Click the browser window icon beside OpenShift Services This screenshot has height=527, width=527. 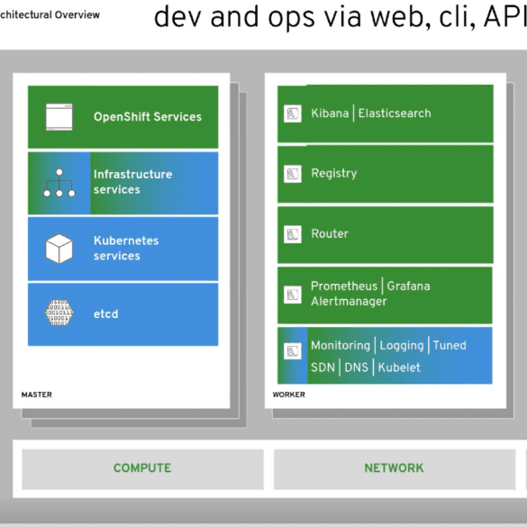[59, 117]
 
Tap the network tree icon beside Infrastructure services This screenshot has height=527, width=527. [59, 183]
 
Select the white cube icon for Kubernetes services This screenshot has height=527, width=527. [59, 249]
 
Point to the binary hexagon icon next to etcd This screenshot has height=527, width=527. [59, 313]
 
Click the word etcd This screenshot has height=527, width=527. [106, 313]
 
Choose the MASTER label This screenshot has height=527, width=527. [37, 395]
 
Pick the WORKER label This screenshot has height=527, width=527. [288, 395]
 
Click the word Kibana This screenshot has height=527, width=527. [330, 114]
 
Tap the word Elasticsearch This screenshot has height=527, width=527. [395, 114]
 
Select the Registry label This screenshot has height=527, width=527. [334, 174]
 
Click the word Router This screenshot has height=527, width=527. [330, 233]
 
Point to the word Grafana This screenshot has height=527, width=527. [408, 286]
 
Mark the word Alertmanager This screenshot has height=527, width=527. [349, 301]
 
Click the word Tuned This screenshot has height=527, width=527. [450, 345]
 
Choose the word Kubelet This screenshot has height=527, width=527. [399, 368]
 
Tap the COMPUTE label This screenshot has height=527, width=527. [142, 468]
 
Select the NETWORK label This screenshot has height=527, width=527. [394, 468]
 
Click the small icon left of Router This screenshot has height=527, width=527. [293, 234]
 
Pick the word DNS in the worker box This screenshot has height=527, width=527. [356, 368]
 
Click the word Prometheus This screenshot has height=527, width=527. [344, 286]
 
